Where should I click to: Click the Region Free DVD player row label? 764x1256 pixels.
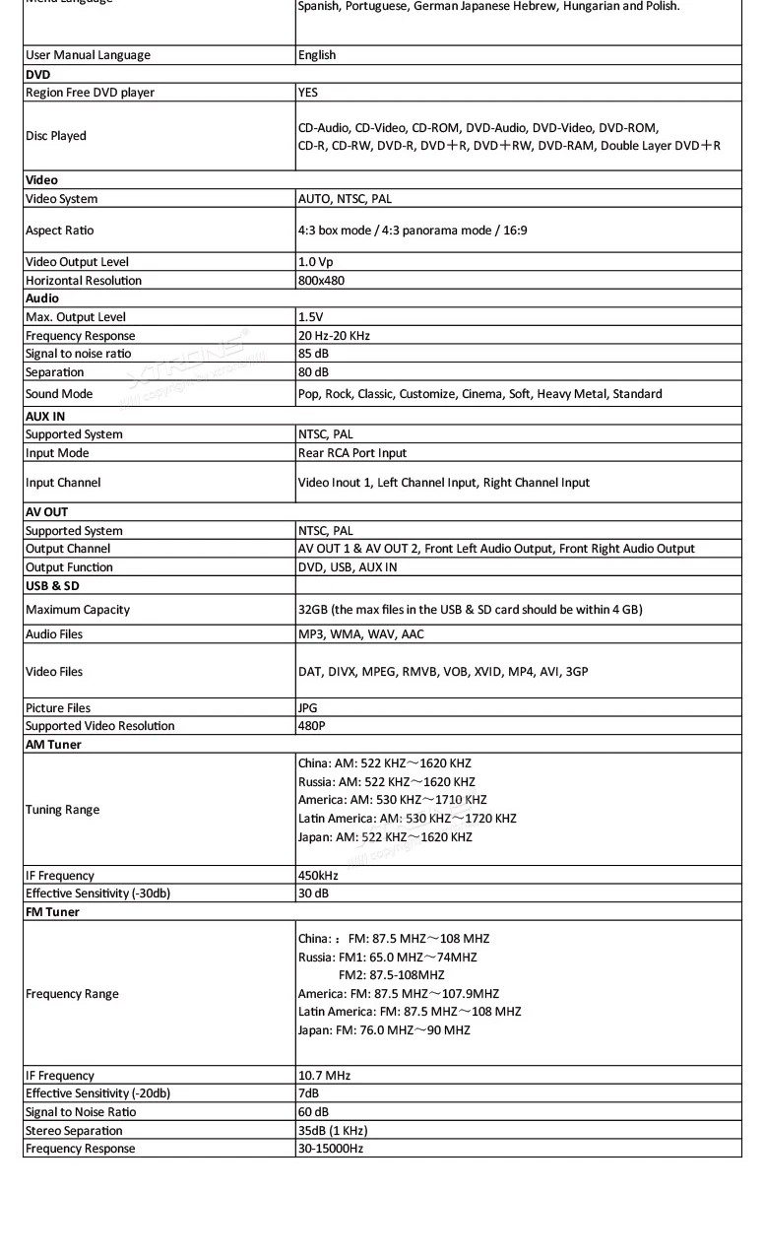coord(90,93)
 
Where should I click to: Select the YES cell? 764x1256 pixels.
coord(308,93)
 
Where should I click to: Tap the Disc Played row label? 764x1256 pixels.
coord(56,136)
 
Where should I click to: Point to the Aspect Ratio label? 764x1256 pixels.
coord(60,231)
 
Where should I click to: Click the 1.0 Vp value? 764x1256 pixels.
coord(316,262)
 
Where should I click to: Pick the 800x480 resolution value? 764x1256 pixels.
coord(322,281)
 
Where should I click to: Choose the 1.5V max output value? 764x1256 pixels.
coord(311,317)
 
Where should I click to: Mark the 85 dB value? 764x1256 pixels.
coord(312,354)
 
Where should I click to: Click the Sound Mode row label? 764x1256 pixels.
coord(59,394)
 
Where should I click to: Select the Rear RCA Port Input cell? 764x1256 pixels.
coord(352,453)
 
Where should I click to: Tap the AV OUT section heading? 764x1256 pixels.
coord(46,512)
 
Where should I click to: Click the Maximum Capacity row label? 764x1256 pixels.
coord(78,610)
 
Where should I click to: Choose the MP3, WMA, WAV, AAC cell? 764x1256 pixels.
coord(361,634)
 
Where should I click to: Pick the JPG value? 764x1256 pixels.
coord(308,708)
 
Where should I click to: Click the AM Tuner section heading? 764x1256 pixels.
coord(54,745)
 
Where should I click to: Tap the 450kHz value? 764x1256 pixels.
coord(318,876)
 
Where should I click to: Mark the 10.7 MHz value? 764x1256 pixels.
coord(324,1076)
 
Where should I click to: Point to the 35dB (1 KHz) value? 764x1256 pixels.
coord(333,1131)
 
